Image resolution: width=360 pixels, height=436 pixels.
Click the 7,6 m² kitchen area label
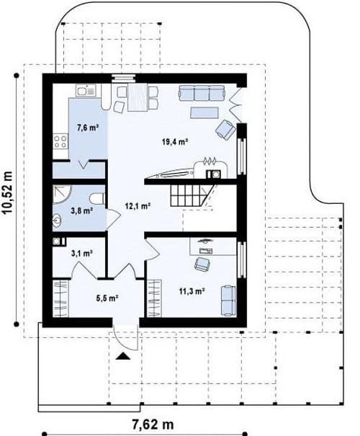[88, 128]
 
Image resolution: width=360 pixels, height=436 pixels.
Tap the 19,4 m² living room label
[175, 142]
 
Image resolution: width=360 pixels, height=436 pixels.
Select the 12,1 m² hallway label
[138, 206]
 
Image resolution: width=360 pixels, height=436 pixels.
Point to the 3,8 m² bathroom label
[81, 210]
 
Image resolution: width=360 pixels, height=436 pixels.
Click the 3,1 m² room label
[81, 253]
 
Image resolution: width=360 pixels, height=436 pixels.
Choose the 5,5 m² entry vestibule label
[107, 298]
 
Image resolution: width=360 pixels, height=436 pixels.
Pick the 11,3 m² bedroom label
[192, 291]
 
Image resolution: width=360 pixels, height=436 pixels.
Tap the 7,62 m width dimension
[153, 424]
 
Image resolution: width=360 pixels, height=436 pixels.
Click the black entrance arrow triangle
[123, 356]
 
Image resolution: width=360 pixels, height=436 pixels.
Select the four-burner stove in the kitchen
[60, 141]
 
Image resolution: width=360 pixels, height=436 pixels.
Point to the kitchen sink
[85, 91]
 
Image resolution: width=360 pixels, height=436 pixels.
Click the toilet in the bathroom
[97, 199]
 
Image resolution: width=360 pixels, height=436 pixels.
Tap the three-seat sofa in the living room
[202, 93]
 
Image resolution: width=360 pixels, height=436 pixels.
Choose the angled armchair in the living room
[225, 129]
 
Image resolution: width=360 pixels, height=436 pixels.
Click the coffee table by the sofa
[204, 112]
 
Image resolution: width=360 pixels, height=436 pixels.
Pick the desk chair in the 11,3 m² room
[202, 264]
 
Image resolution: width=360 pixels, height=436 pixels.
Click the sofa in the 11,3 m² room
[228, 301]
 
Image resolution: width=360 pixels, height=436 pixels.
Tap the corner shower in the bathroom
[62, 195]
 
